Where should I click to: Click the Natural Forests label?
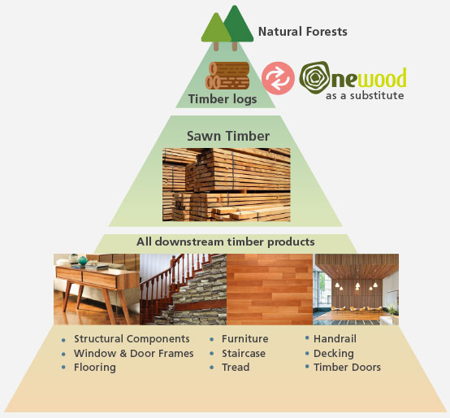tap(302, 33)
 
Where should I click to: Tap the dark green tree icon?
tap(237, 24)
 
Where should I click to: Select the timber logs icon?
tap(228, 76)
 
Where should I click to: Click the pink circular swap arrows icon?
tap(278, 76)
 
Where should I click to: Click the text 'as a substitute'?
tap(365, 95)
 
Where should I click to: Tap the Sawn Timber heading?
tap(226, 136)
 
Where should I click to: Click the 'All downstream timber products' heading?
tap(225, 242)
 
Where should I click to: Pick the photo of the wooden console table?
tap(97, 290)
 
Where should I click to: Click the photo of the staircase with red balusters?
tap(183, 290)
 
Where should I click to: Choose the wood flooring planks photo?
tap(270, 290)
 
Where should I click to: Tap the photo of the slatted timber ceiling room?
tap(356, 290)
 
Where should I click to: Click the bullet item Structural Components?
tap(132, 338)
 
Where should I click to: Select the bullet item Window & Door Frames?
tap(133, 353)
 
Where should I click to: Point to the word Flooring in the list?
tap(95, 367)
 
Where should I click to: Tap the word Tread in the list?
tap(236, 367)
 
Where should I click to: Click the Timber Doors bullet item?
tap(347, 367)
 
